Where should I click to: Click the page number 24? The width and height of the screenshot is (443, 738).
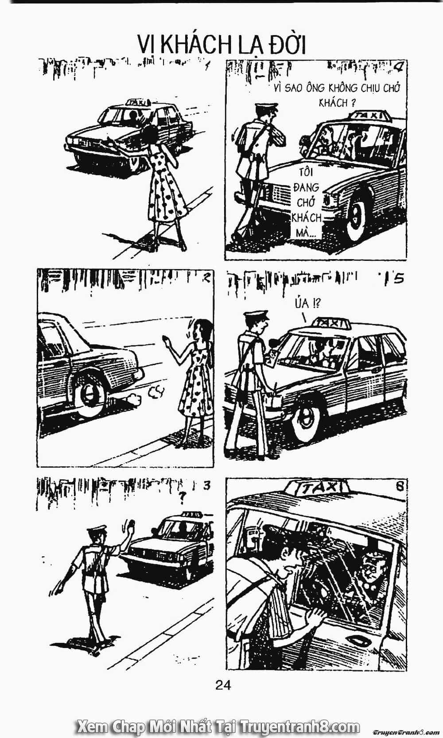[223, 685]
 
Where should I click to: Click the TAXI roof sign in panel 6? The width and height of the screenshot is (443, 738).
[317, 488]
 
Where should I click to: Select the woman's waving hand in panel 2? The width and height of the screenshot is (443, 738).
[166, 341]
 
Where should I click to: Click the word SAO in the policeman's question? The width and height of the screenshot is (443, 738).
[294, 88]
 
